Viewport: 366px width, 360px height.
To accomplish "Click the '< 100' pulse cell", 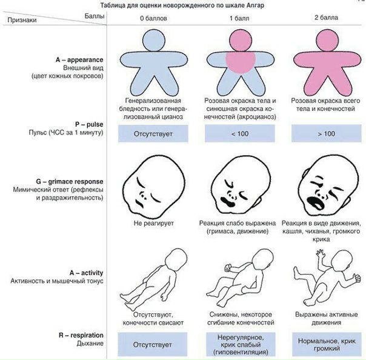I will click(235, 133).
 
